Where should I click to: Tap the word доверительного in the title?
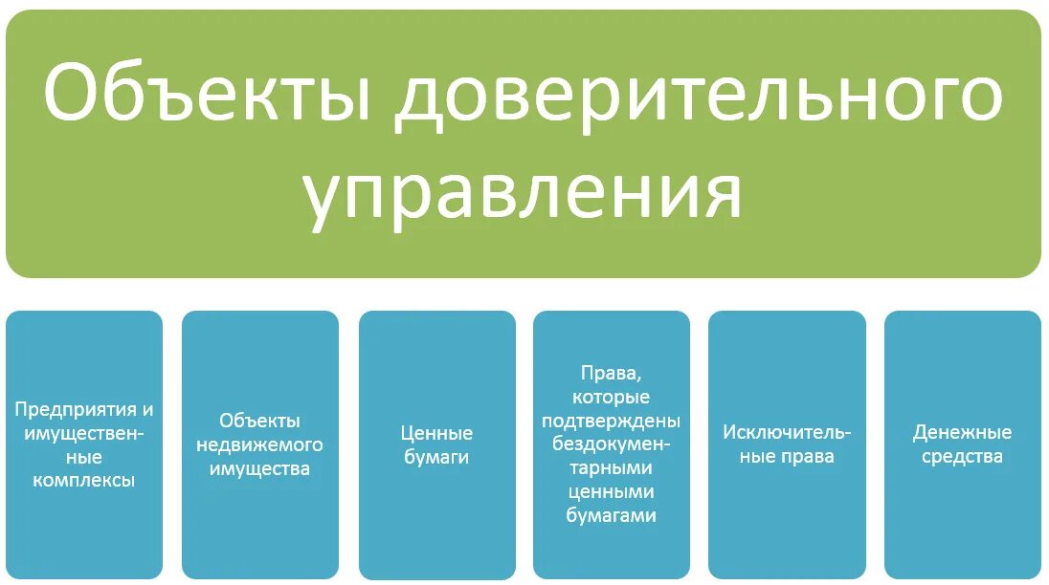700,95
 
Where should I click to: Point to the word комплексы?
84,480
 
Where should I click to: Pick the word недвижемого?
260,444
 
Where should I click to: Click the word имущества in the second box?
260,468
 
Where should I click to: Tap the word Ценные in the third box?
436,433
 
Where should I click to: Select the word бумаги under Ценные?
436,457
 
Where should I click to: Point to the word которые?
612,397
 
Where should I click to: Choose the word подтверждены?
612,421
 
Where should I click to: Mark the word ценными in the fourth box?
612,492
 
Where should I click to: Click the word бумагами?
612,515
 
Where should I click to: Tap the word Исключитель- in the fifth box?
787,432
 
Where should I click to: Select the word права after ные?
807,456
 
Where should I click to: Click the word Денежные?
962,432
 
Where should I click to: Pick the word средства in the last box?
962,456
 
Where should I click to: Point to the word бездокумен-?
612,444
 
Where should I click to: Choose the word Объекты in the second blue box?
260,421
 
